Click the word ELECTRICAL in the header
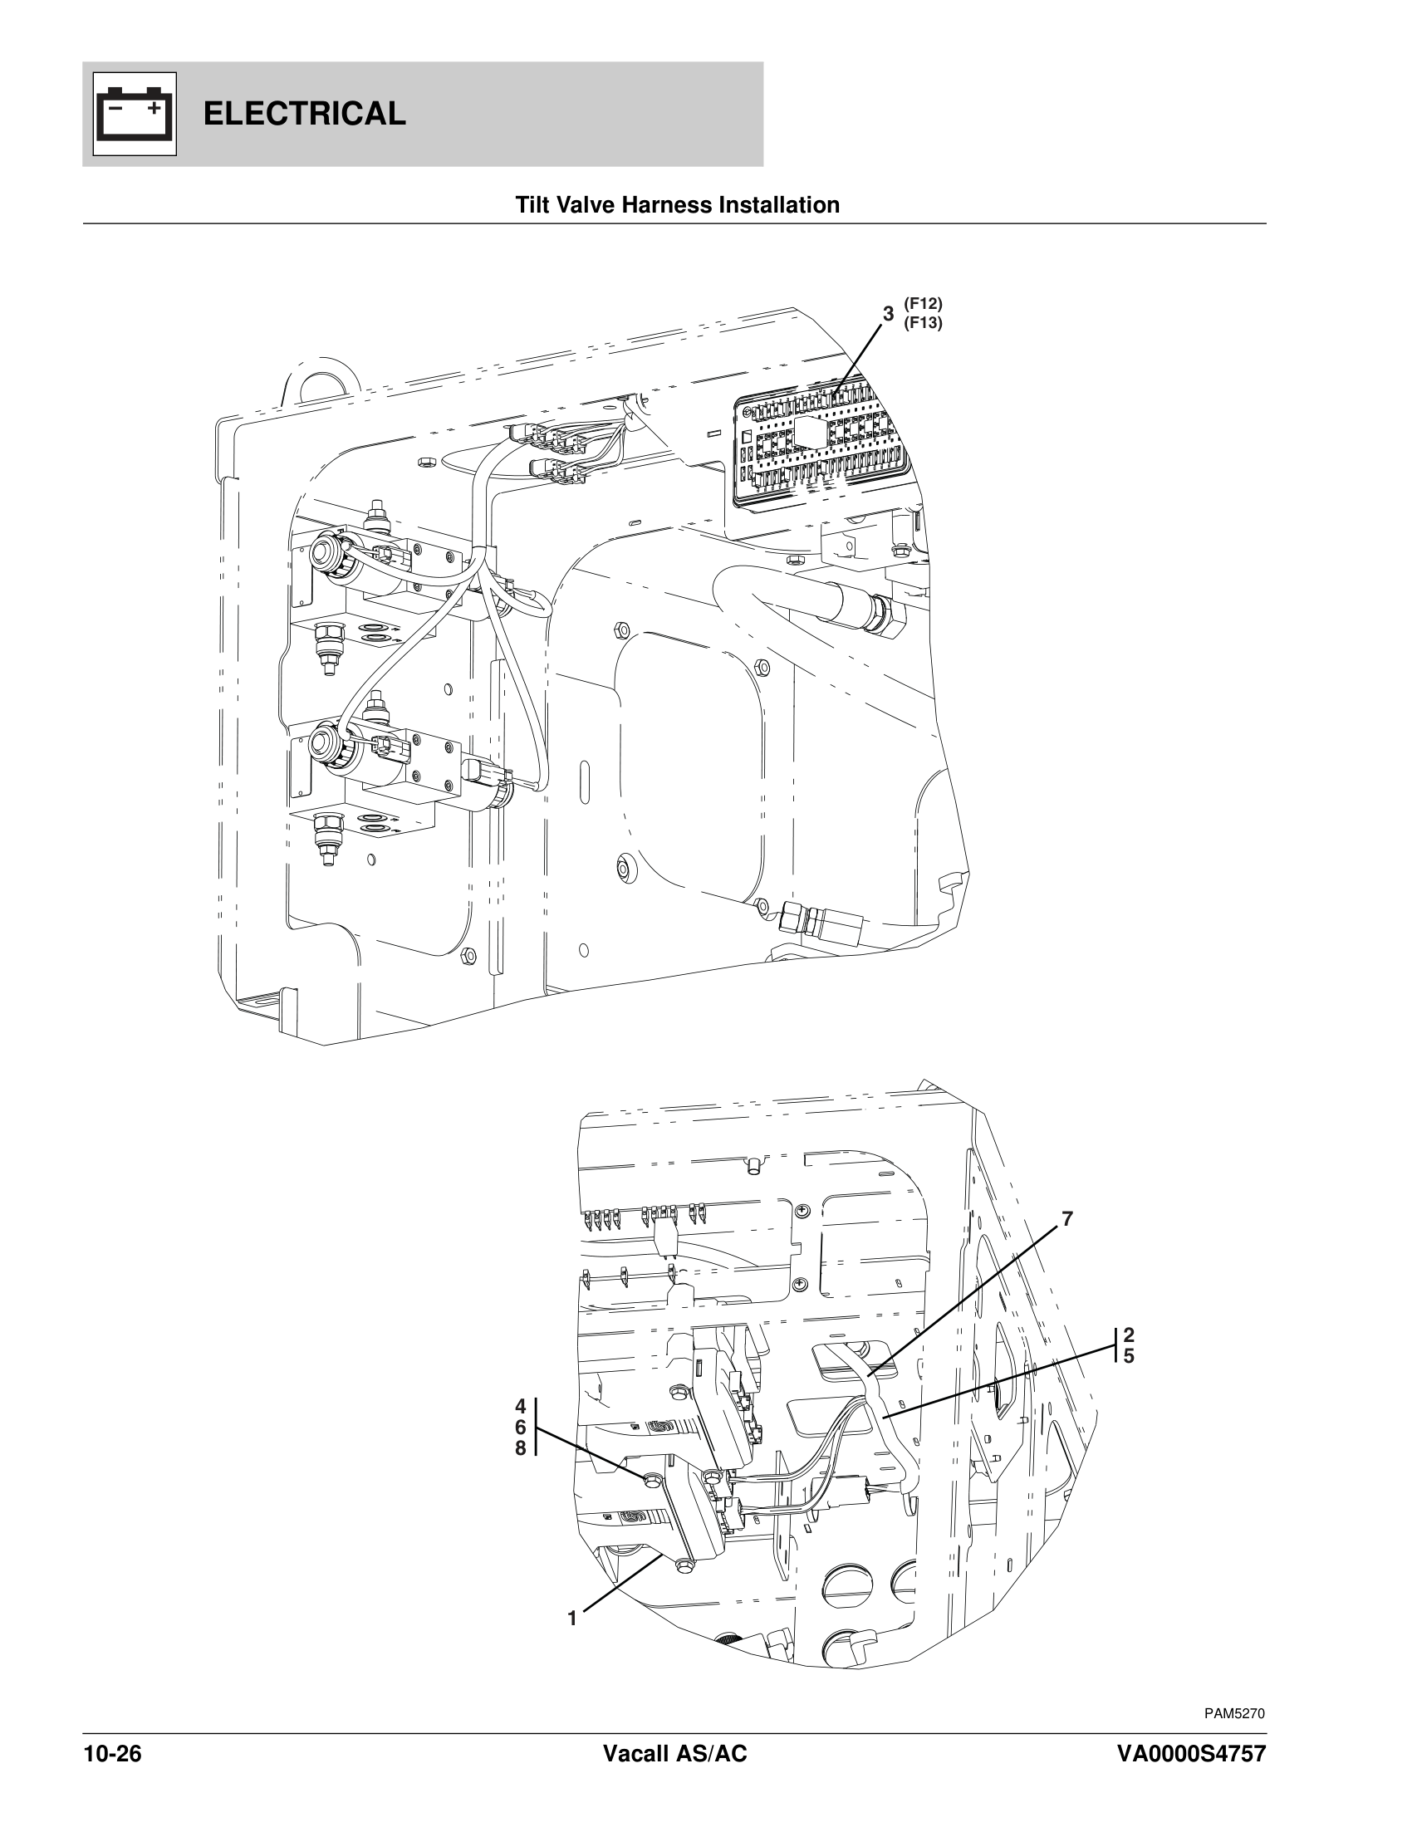point(305,113)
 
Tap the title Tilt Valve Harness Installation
point(677,205)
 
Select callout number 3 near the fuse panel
point(889,314)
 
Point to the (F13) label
point(923,322)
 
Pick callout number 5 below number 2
point(1129,1356)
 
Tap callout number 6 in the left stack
point(520,1426)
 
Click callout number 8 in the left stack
point(520,1448)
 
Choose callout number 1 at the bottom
point(572,1619)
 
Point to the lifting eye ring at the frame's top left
point(321,383)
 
